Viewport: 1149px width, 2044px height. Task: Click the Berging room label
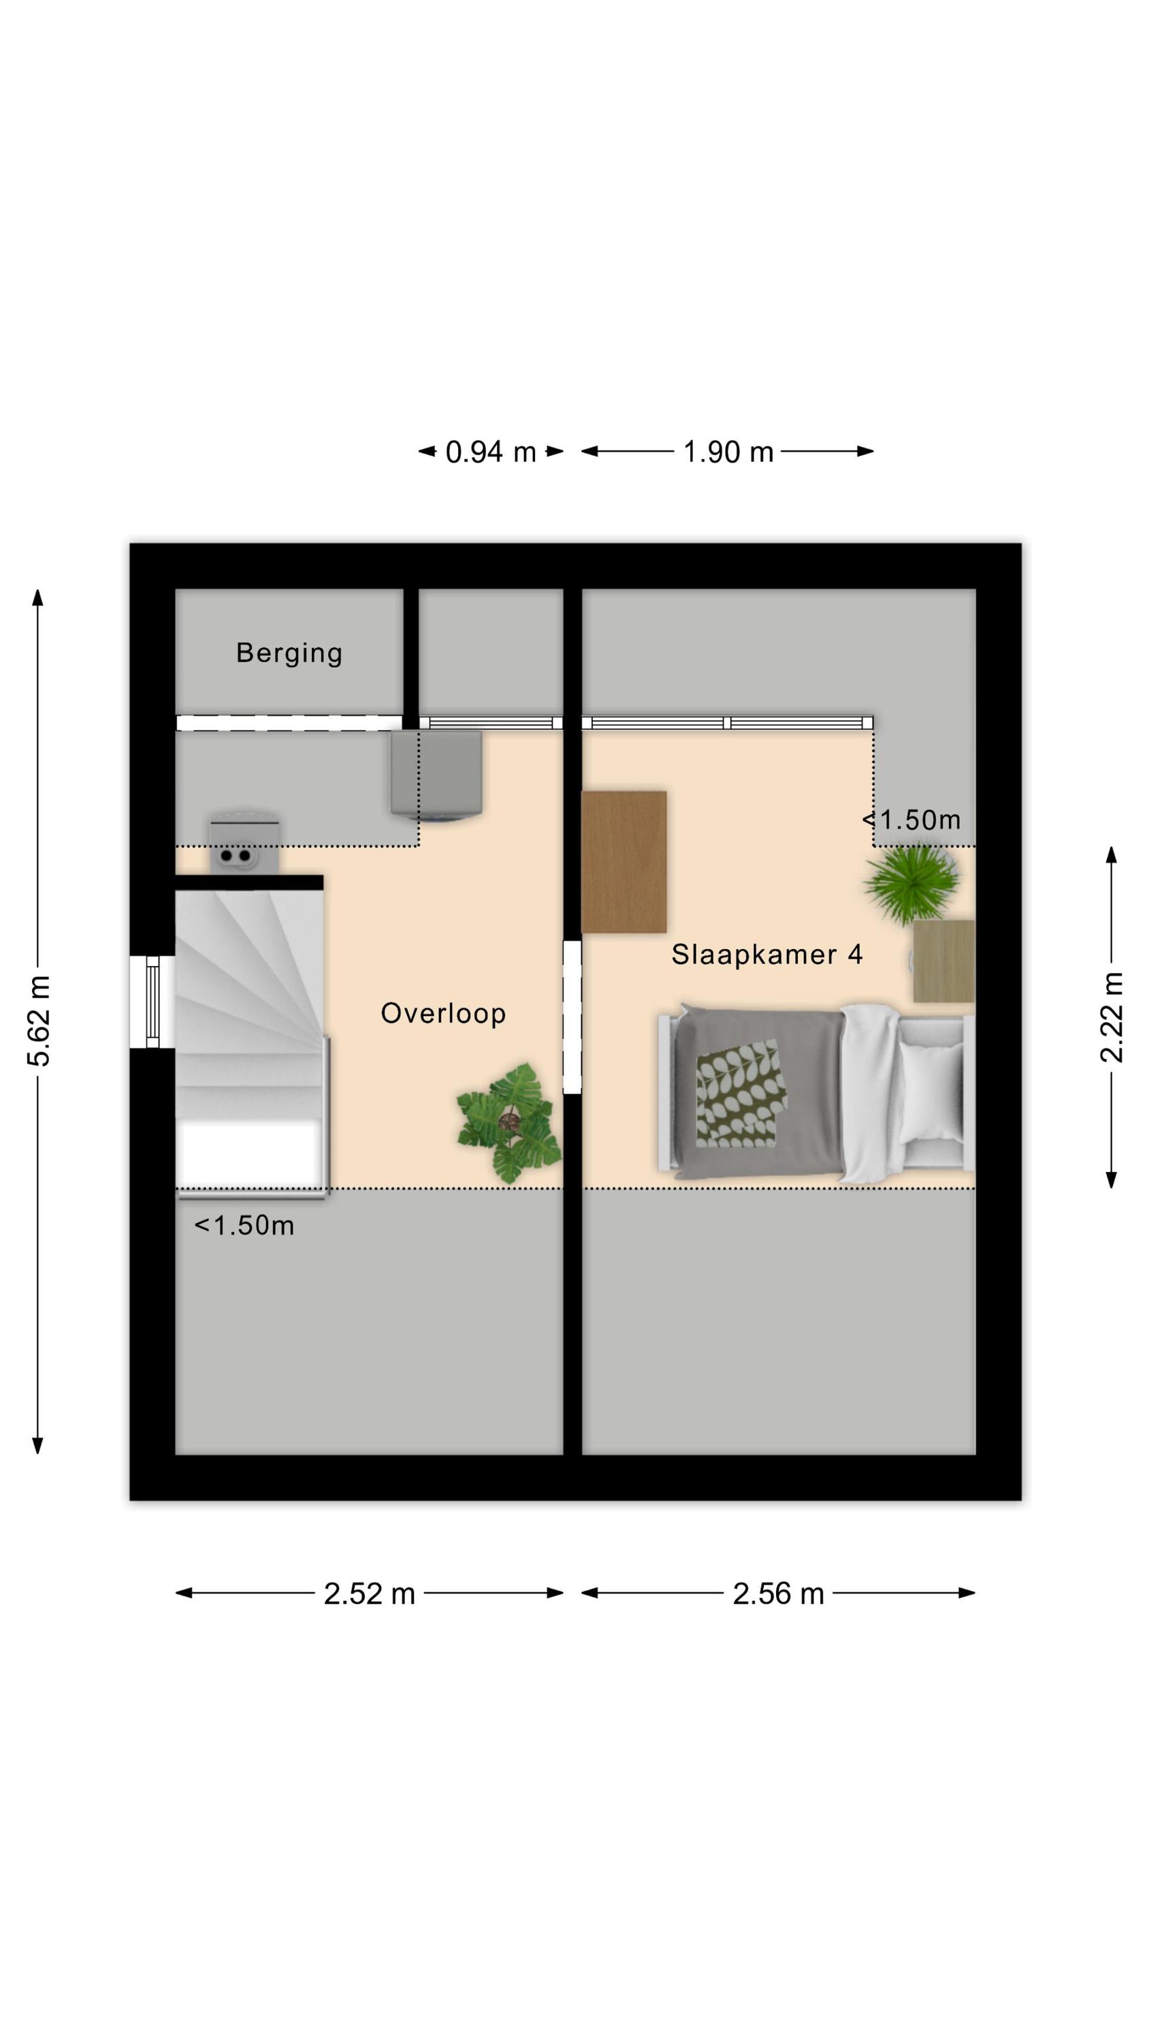(x=289, y=653)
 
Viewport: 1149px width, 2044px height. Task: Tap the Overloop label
(x=442, y=1013)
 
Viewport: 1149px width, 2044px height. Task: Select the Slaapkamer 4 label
(x=766, y=955)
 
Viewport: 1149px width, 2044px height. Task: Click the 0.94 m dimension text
(x=491, y=452)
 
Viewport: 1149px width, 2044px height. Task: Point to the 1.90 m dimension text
(x=728, y=452)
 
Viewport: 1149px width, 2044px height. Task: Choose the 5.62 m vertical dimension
(x=38, y=1021)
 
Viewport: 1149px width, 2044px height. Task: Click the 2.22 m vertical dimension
(x=1112, y=1017)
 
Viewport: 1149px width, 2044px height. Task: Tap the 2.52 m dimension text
(x=369, y=1594)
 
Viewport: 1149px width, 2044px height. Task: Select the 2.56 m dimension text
(x=778, y=1594)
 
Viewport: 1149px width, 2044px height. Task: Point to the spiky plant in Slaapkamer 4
(x=911, y=882)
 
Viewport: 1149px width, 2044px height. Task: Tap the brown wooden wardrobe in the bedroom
(x=624, y=862)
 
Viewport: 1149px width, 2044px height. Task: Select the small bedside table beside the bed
(x=943, y=961)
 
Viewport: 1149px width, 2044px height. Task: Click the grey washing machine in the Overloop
(x=436, y=775)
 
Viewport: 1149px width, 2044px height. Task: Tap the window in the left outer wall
(x=152, y=1002)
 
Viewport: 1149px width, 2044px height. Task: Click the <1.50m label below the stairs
(x=244, y=1226)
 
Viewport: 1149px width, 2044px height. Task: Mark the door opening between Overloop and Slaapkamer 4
(x=572, y=1017)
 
